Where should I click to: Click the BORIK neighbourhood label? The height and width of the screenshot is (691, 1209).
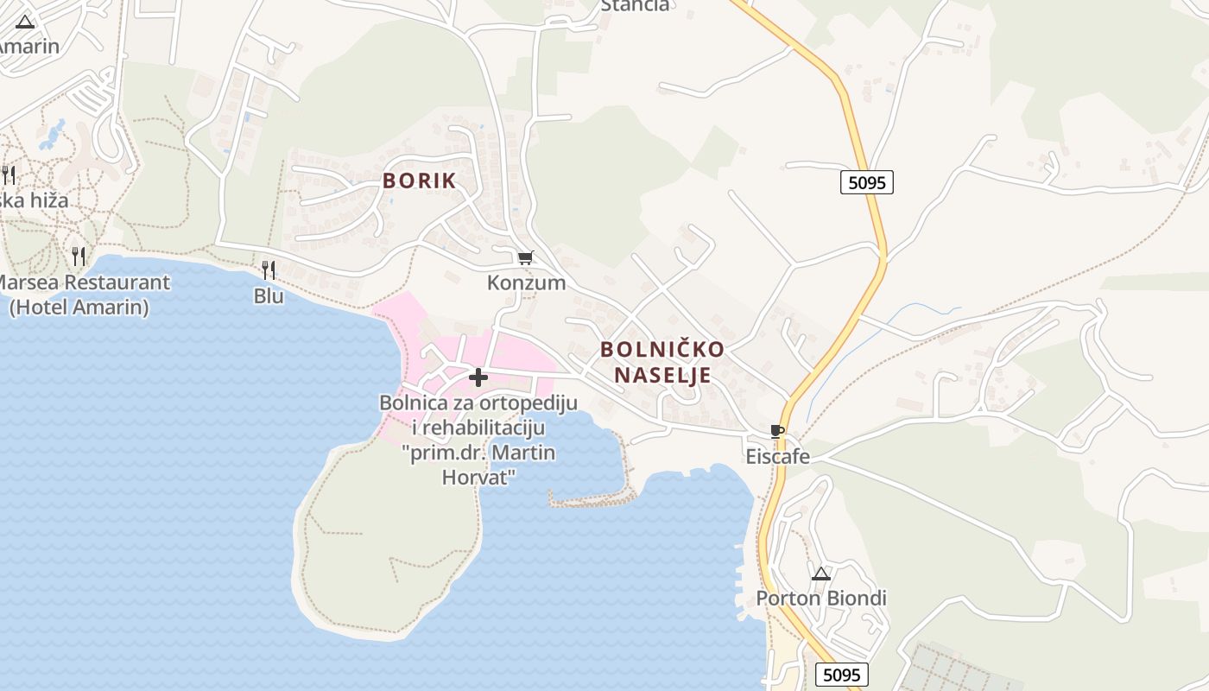[x=419, y=181]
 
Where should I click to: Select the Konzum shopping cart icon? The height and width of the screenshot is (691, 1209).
[x=525, y=257]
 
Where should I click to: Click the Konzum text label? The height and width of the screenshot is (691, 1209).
[x=526, y=282]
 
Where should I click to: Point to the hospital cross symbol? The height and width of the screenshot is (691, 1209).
[x=478, y=377]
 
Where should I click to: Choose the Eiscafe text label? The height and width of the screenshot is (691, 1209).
[x=778, y=456]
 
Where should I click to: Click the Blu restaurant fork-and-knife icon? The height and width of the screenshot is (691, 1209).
[x=269, y=270]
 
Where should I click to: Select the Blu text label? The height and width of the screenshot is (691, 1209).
[x=269, y=295]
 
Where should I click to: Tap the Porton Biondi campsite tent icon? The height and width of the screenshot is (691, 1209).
[x=820, y=573]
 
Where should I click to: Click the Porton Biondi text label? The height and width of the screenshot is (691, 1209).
[x=821, y=598]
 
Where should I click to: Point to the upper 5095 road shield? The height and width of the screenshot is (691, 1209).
[x=866, y=182]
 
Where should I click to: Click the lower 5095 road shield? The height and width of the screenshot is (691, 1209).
[x=841, y=675]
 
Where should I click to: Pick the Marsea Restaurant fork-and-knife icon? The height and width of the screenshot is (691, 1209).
[x=78, y=257]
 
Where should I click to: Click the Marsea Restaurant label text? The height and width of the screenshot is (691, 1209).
[x=82, y=282]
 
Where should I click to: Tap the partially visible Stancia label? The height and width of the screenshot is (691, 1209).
[x=635, y=5]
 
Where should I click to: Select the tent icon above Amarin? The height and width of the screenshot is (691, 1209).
[x=25, y=22]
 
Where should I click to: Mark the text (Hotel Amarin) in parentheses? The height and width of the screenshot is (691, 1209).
[x=79, y=307]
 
